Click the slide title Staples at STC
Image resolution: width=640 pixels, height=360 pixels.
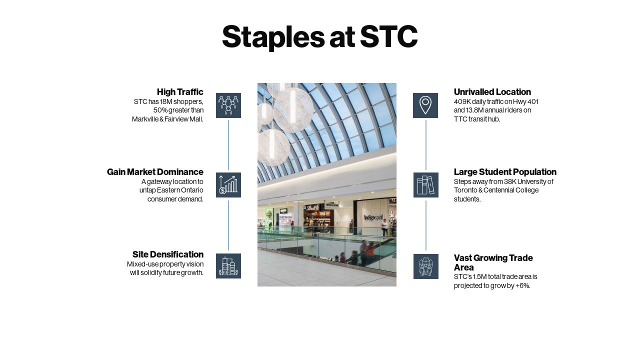(x=319, y=36)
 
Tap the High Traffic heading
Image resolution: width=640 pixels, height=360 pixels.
(x=180, y=92)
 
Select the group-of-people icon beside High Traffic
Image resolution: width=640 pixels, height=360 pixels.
(x=228, y=105)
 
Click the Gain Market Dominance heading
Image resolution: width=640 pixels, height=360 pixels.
(x=155, y=172)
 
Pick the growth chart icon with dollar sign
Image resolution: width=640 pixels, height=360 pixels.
(x=228, y=185)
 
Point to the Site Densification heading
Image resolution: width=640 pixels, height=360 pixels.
(x=168, y=254)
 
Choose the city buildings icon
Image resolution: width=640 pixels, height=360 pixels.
(x=228, y=266)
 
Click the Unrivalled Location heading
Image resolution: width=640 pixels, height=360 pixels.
(x=492, y=92)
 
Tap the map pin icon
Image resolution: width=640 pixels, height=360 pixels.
(x=425, y=105)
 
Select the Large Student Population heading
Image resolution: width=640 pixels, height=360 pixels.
(x=505, y=172)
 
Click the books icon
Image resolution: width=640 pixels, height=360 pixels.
(x=426, y=185)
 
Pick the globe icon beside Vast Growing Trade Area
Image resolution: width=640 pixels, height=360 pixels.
(x=426, y=266)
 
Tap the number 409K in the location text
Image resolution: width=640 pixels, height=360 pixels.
(x=462, y=101)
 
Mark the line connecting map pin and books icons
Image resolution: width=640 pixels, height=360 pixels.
(x=426, y=145)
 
